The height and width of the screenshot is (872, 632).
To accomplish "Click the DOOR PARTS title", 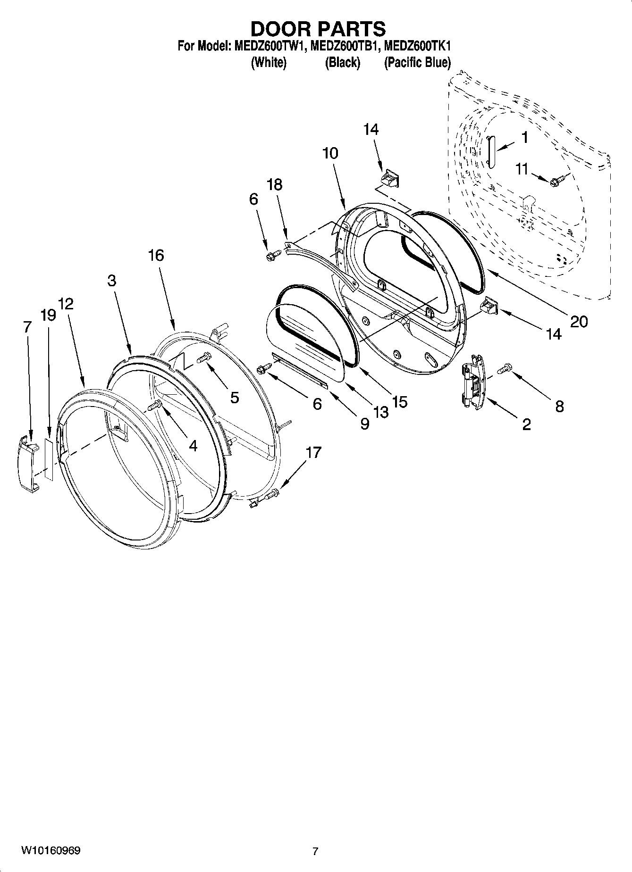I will pos(318,29).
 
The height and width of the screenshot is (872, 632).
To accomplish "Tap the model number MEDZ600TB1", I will pos(345,46).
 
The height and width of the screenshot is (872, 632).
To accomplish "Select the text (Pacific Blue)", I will pos(417,62).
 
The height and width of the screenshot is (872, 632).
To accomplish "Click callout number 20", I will pos(579,322).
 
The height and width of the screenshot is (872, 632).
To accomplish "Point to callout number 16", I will pos(156,256).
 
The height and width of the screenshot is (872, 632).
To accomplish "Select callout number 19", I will pos(49,315).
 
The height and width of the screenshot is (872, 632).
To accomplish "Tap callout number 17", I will pos(313,453).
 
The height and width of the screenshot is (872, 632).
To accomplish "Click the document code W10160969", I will pos(50,851).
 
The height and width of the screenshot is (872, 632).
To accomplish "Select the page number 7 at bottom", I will pos(315,851).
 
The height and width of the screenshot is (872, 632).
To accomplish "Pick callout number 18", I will pos(275,184).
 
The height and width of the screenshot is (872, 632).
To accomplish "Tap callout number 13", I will pos(380,412).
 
